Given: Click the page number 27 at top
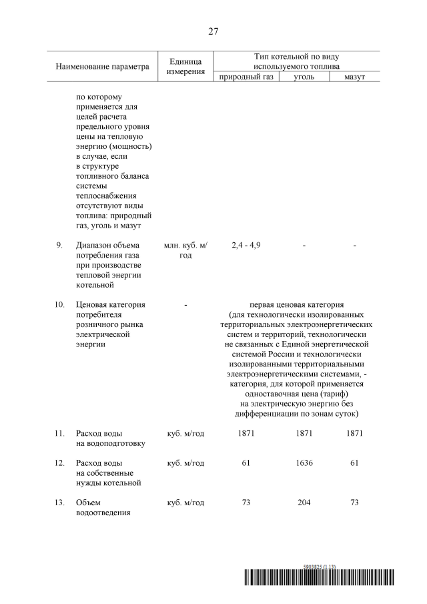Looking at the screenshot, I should tap(213, 31).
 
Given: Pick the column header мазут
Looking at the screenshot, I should tap(355, 77).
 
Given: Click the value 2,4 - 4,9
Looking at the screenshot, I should tap(246, 246).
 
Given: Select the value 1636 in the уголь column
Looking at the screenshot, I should tap(304, 463).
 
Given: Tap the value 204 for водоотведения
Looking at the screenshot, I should tap(304, 503).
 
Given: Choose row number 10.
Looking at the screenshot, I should tap(59, 304).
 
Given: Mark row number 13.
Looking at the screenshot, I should tap(59, 503).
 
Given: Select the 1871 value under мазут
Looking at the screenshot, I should tap(355, 433).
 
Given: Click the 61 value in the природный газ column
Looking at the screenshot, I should tap(246, 463).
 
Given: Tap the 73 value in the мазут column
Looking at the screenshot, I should tap(355, 503).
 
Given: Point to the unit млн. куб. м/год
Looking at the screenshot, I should tap(185, 250).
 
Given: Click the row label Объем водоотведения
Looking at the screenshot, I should tap(103, 507).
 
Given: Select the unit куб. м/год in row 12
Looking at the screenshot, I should tap(185, 463).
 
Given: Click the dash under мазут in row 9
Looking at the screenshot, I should tap(355, 246).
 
